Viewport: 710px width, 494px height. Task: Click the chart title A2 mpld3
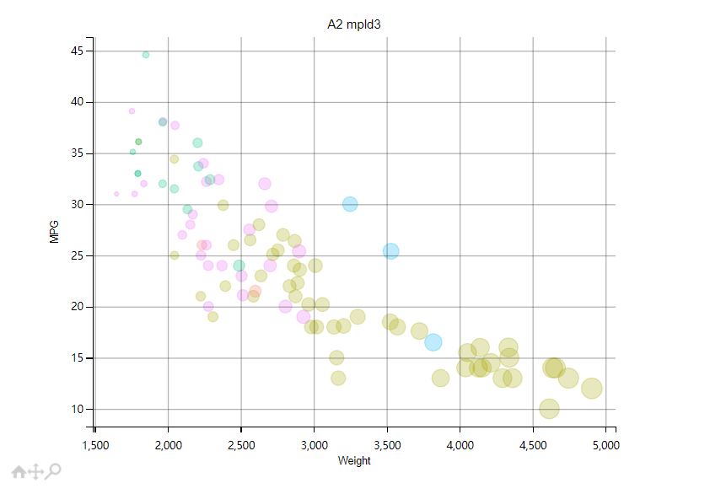354,24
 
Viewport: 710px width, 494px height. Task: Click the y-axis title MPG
55,233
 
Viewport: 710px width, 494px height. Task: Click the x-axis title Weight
354,461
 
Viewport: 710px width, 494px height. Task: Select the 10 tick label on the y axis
77,410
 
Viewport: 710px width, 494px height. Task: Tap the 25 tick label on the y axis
77,255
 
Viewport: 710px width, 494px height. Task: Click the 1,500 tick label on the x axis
95,444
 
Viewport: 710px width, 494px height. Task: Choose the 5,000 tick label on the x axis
605,444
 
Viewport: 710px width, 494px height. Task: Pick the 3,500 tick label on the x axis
387,444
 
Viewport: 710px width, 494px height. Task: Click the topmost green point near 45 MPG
146,55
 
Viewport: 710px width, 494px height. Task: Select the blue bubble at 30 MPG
350,204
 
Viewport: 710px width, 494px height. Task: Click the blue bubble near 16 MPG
433,342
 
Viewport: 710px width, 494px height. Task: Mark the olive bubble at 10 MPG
549,409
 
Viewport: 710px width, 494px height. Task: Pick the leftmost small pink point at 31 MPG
116,194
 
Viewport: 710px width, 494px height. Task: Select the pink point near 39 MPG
132,111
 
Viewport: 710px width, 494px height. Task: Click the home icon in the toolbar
19,472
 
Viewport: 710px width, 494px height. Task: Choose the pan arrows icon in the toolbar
35,472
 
